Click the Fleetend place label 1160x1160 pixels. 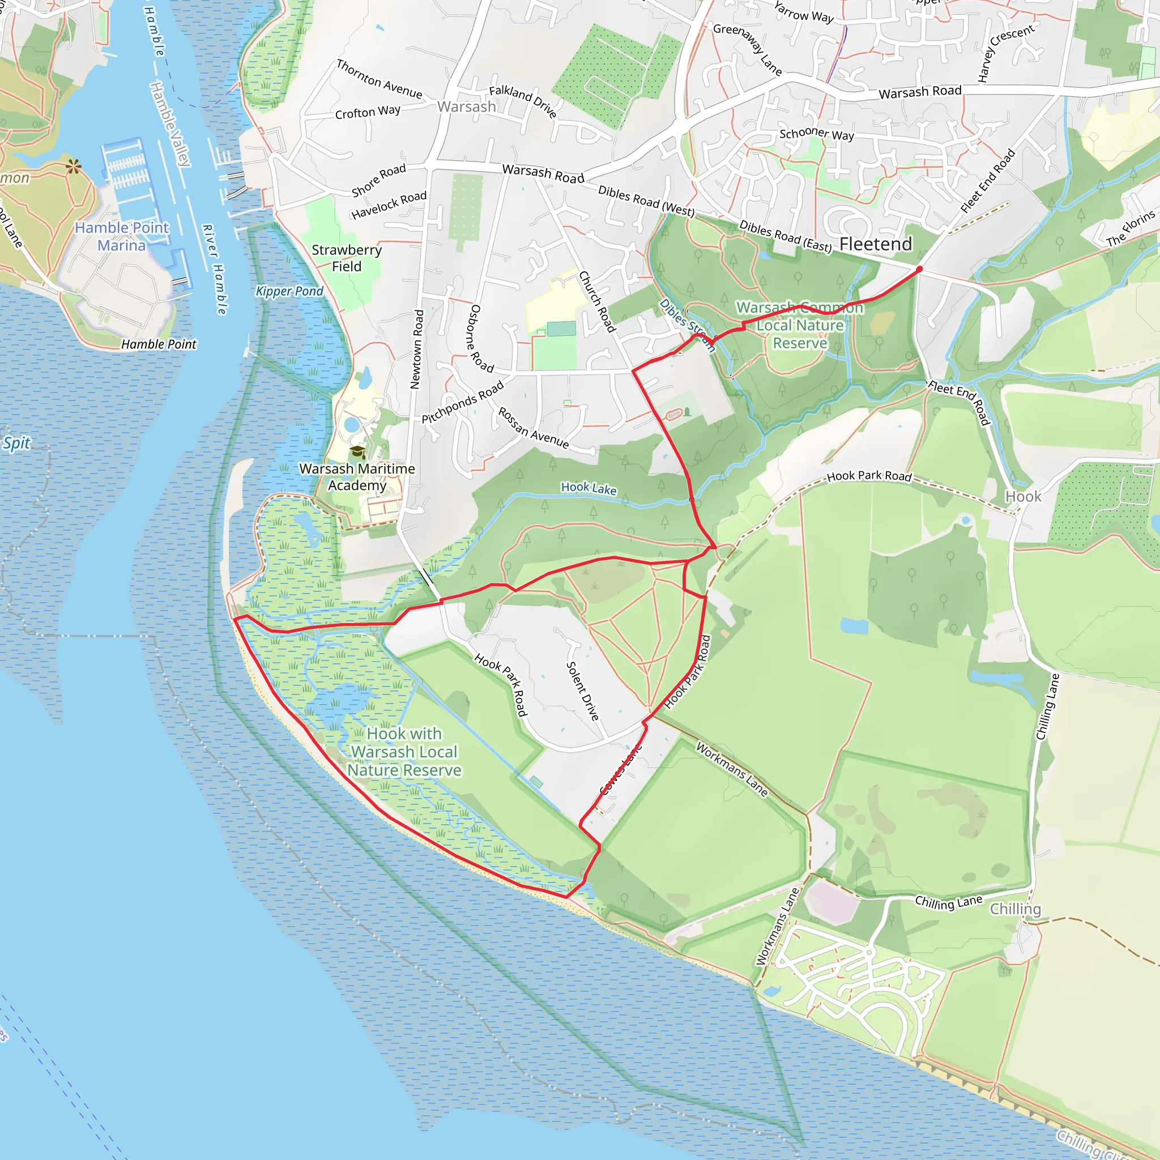click(876, 244)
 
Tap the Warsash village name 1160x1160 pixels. click(467, 107)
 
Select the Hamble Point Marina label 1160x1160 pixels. click(122, 237)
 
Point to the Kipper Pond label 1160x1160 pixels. click(289, 291)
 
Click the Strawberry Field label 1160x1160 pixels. click(347, 258)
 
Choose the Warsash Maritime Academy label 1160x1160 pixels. click(357, 477)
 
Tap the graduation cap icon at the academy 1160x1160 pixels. click(358, 451)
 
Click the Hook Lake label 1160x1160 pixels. click(588, 488)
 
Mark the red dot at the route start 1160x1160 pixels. click(919, 270)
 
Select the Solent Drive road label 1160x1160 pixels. click(582, 690)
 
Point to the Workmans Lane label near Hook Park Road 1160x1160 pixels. click(732, 770)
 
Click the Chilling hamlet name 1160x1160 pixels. click(1016, 909)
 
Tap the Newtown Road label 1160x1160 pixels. click(417, 349)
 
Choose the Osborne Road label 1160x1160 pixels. click(480, 339)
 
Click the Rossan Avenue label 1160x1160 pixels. click(533, 428)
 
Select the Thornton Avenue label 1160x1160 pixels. click(379, 79)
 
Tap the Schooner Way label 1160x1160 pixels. click(817, 133)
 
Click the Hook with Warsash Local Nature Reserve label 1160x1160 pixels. click(404, 752)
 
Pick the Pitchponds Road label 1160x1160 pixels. click(462, 402)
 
